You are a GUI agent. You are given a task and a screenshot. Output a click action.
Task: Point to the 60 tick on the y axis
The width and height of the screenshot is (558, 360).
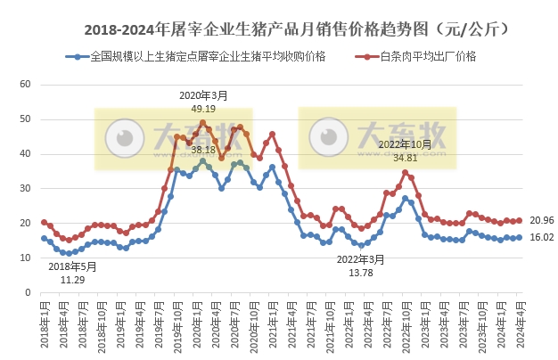[x=25, y=85]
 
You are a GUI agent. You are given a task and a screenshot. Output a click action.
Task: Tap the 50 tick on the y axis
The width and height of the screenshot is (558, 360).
[x=25, y=119]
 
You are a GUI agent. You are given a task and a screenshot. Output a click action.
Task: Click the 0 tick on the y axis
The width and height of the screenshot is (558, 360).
[x=28, y=292]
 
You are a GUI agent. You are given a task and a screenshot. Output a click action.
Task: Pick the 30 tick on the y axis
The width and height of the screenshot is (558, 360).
[x=25, y=189]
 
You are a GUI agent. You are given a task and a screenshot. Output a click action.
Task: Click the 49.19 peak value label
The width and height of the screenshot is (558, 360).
[x=203, y=108]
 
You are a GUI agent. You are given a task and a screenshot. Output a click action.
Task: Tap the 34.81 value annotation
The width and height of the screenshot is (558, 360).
[x=405, y=156]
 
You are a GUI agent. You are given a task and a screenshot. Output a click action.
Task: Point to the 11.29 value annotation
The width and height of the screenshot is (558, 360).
[x=72, y=279]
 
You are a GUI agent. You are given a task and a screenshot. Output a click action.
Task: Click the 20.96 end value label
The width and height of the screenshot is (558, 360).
[x=540, y=220]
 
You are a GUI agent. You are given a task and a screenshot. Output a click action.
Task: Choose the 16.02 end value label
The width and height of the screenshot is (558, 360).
[x=540, y=238]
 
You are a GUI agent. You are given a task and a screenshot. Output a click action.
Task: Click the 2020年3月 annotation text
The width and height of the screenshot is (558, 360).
[x=203, y=95]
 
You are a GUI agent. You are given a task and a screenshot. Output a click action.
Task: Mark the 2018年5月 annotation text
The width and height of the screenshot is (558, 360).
[x=72, y=266]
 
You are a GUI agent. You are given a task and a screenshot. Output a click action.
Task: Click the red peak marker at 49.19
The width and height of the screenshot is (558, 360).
[x=202, y=123]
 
